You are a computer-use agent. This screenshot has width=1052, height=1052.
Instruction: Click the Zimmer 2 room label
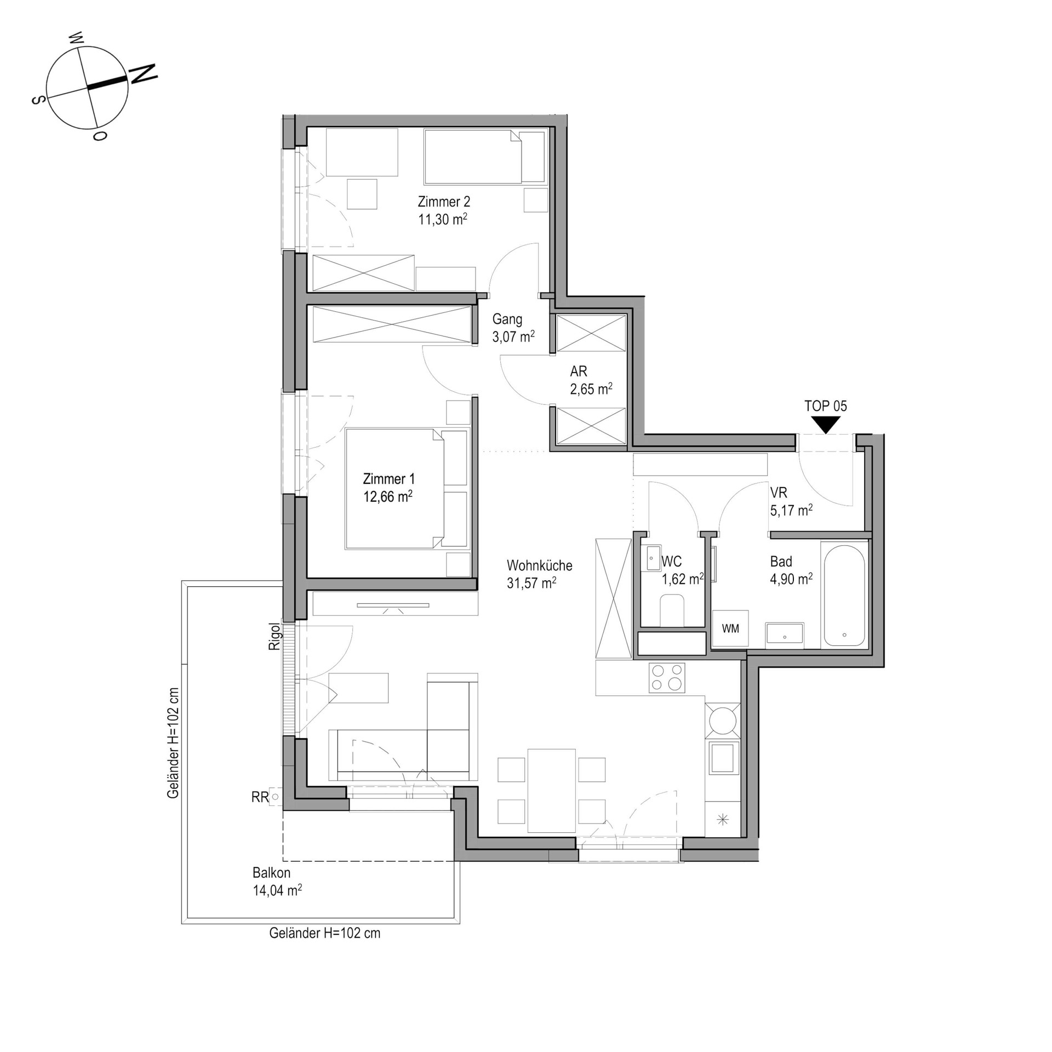point(444,202)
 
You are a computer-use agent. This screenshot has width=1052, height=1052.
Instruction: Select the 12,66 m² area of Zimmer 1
point(388,496)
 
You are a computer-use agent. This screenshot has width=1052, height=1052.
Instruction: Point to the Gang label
point(507,319)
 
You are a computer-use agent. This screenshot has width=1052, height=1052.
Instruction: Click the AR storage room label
point(579,371)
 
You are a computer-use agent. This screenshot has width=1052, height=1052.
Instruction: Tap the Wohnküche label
point(540,565)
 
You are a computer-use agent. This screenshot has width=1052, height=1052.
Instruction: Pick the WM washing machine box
point(730,629)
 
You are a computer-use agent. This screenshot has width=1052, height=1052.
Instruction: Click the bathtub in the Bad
point(844,596)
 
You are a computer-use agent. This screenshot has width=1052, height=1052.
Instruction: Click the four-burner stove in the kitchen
point(667,678)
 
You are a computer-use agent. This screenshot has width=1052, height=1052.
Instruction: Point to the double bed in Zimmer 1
point(408,489)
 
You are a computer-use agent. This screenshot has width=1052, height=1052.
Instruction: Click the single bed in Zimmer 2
point(485,156)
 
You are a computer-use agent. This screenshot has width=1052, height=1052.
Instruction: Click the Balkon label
point(272,872)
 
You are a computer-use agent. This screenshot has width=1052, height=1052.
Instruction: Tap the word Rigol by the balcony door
point(275,637)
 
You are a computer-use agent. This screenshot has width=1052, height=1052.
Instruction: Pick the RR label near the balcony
point(260,797)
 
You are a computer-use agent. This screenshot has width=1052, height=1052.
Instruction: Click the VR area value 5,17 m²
point(791,511)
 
